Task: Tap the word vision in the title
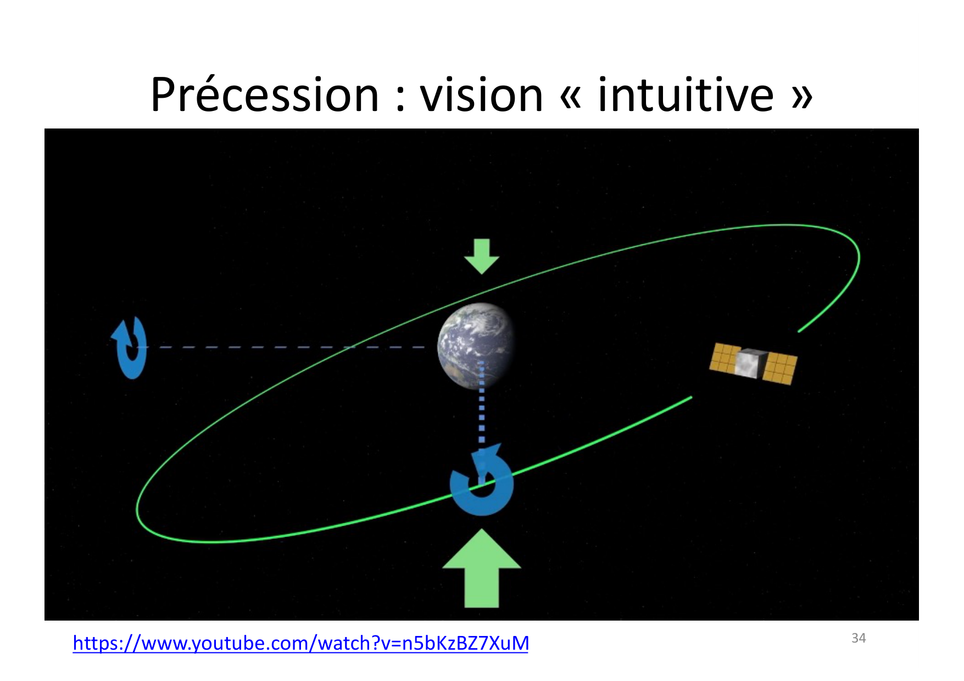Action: [x=482, y=94]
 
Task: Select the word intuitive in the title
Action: [x=686, y=94]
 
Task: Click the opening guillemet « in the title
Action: [x=571, y=97]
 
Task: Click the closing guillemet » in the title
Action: [x=801, y=97]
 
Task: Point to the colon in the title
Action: [x=400, y=99]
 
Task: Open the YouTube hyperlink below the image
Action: [x=300, y=643]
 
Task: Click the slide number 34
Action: [x=859, y=638]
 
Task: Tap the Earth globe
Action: [x=476, y=346]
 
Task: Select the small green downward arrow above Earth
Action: [x=482, y=256]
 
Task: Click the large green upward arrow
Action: [x=482, y=568]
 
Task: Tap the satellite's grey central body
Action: [x=750, y=364]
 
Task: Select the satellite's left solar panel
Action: [x=725, y=358]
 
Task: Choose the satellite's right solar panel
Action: [x=780, y=369]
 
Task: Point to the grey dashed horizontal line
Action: [x=286, y=347]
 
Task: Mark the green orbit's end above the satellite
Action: [x=799, y=331]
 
